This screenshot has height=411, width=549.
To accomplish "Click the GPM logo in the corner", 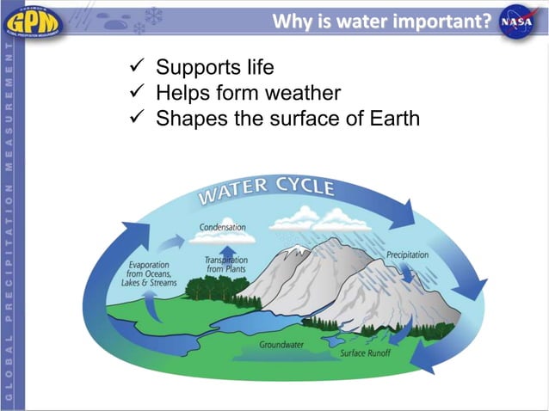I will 34,20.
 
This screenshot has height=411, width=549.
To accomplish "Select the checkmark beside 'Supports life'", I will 136,68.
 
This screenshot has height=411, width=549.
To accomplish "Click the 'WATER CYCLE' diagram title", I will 267,189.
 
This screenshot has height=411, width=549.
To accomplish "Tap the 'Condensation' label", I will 223,227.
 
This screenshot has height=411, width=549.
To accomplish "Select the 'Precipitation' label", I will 407,255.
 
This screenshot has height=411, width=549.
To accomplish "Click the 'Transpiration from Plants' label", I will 226,265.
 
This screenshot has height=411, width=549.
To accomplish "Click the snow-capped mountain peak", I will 296,250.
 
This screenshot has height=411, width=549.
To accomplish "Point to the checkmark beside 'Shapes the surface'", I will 136,119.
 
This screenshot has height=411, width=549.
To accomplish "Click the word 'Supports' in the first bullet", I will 195,68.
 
